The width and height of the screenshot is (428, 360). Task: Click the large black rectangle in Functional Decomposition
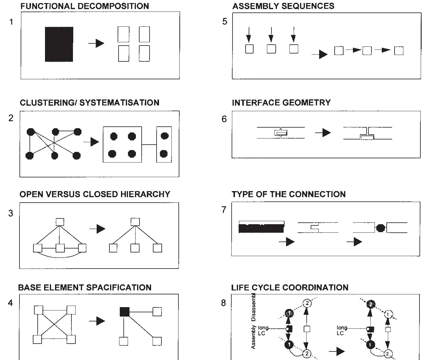(x=59, y=44)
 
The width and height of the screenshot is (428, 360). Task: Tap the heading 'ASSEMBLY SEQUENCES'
(x=283, y=6)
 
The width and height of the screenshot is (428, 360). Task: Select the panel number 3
(x=11, y=213)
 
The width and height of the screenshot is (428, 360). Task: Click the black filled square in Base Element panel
(x=124, y=312)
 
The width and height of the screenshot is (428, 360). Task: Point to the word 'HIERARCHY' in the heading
(x=145, y=194)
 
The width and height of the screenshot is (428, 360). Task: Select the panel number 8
(x=224, y=303)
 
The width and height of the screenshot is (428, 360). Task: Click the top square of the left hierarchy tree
(x=60, y=222)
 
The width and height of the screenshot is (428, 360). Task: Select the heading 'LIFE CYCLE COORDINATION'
(x=290, y=287)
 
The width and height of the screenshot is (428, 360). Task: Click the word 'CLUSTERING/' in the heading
(x=48, y=103)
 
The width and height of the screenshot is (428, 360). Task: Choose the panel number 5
(x=225, y=22)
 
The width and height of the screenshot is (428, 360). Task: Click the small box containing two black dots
(x=164, y=145)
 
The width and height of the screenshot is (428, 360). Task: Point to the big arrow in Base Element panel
(x=97, y=321)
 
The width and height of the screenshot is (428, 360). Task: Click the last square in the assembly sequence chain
(x=399, y=51)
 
